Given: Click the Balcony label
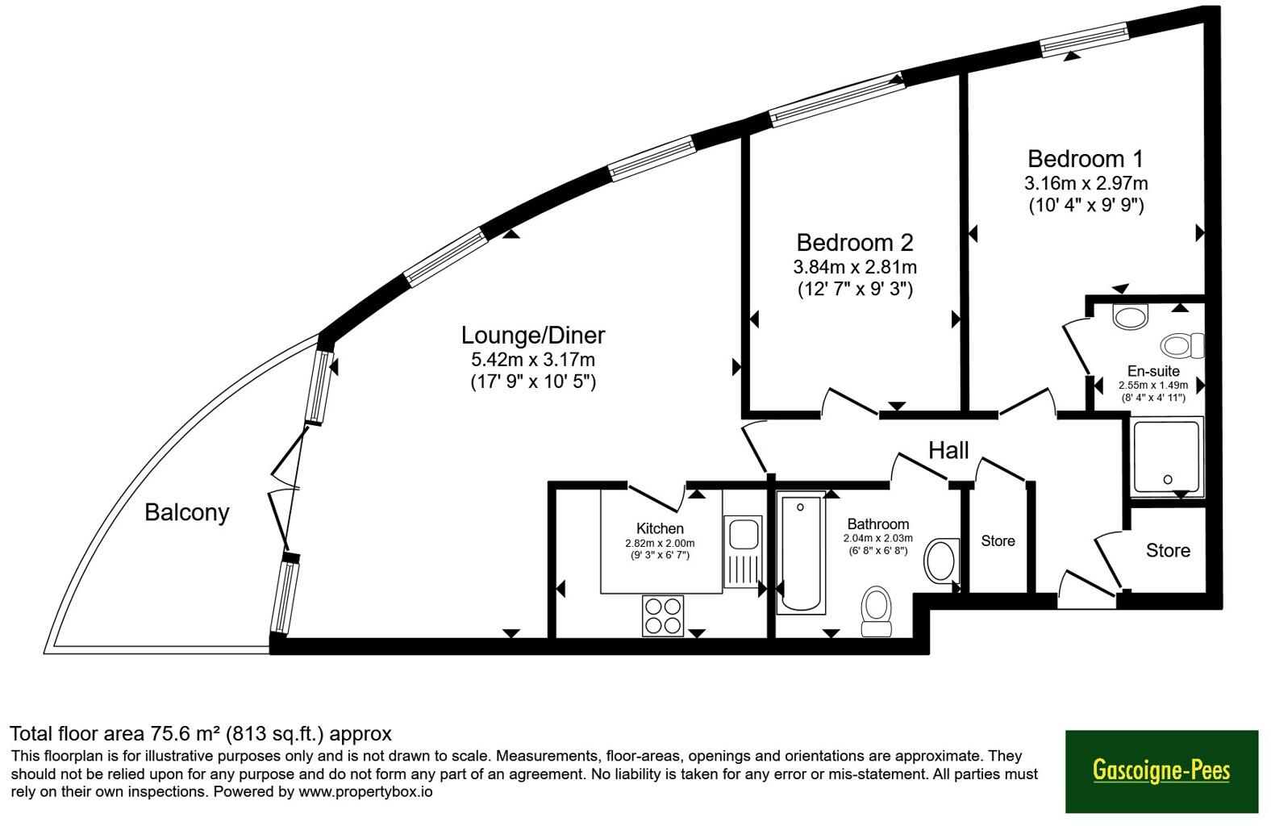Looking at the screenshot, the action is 186,513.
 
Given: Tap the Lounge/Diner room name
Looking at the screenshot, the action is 533,336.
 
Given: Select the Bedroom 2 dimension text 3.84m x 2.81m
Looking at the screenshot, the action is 855,267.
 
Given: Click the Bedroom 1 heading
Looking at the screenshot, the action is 1085,159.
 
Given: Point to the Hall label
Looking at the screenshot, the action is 948,451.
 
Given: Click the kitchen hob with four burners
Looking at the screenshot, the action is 663,616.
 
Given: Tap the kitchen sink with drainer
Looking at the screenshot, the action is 743,552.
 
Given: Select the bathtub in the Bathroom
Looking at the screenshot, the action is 801,553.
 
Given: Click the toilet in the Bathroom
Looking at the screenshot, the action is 876,611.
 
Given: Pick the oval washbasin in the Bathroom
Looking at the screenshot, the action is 941,561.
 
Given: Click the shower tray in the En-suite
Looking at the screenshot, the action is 1167,457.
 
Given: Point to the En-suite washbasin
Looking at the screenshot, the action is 1131,317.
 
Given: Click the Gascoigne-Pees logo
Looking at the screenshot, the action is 1161,771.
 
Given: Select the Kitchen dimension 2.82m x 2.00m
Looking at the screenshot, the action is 660,544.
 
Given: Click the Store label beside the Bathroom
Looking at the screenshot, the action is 998,541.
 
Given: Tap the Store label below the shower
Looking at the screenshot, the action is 1168,550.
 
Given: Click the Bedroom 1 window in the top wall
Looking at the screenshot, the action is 1085,40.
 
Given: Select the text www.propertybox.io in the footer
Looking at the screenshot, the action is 365,792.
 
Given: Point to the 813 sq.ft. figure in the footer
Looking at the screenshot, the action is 275,734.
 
